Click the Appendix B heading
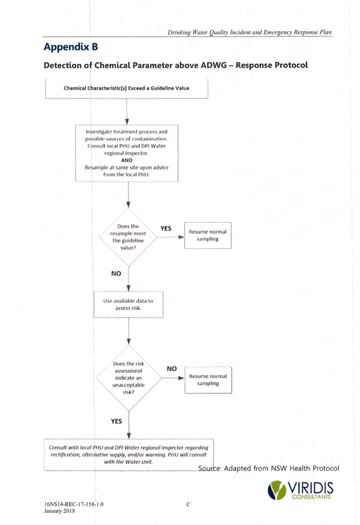71,47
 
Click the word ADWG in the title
214,65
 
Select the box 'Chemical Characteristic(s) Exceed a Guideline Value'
127,88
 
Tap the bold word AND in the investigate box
127,160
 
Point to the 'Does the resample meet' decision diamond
128,237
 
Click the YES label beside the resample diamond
166,228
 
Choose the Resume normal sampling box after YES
207,236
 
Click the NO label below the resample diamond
116,274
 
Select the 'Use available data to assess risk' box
128,305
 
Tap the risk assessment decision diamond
129,378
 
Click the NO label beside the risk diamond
172,368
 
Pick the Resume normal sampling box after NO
208,380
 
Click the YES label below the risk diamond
116,421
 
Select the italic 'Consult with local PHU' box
129,455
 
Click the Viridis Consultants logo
301,491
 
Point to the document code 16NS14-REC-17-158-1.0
73,504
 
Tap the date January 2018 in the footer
59,511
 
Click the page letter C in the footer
189,504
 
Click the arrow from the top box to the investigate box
127,112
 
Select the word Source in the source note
210,468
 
